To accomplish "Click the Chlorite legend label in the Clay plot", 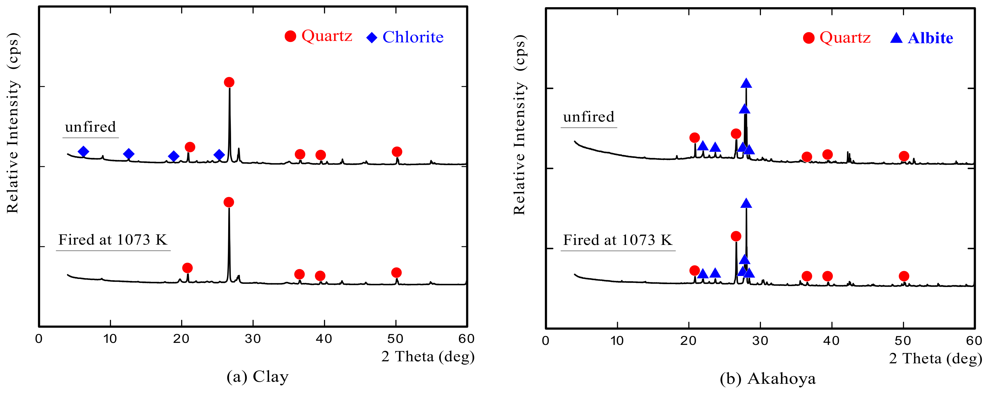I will click(413, 37).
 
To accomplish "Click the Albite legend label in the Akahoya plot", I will click(930, 38).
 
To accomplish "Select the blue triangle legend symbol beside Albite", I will click(896, 38).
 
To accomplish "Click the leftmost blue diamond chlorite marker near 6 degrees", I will click(83, 152).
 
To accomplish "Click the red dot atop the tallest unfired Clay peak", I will click(229, 82).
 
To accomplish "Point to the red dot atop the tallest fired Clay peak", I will click(229, 202).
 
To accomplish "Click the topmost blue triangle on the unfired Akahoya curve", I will click(746, 83).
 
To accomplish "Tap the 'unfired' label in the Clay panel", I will click(90, 127).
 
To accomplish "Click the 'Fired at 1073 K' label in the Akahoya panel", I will click(618, 240).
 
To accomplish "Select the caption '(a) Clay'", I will click(258, 377).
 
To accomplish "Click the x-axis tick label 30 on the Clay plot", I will click(253, 339).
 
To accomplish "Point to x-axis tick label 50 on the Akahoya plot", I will click(903, 341).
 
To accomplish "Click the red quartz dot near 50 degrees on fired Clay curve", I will click(396, 273).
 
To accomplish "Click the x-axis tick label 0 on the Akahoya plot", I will click(545, 341).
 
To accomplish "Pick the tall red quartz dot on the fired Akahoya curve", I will click(736, 236).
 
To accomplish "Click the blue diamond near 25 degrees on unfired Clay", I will click(219, 155).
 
